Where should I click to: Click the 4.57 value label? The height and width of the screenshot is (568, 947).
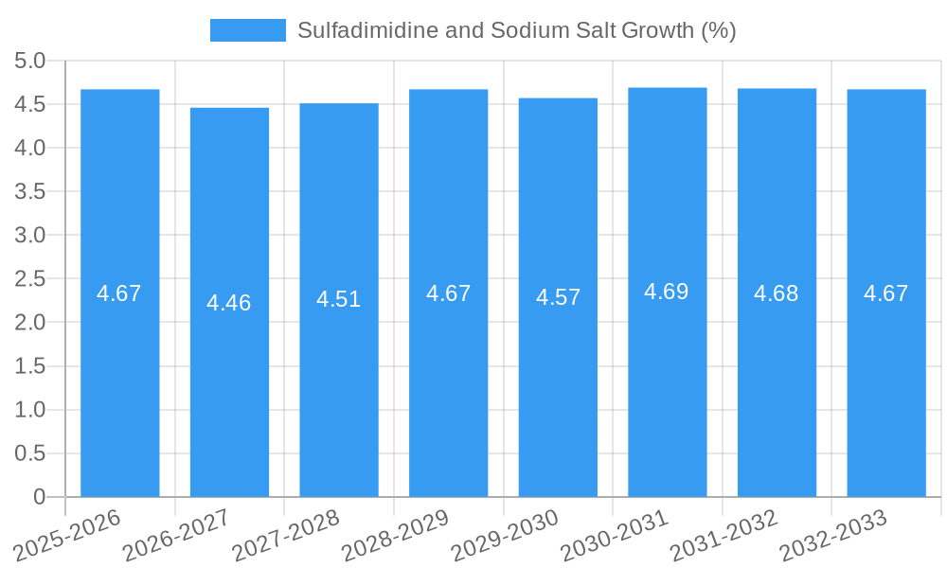(x=558, y=297)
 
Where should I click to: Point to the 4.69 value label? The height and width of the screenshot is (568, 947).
(x=667, y=292)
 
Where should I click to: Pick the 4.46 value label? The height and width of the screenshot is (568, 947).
(x=229, y=303)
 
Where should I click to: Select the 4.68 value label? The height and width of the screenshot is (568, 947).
(x=777, y=293)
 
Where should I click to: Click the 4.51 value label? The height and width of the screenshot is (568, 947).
(x=339, y=299)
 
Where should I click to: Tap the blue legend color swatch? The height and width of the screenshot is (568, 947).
(x=247, y=30)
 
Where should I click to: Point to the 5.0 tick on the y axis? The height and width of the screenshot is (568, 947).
(x=30, y=61)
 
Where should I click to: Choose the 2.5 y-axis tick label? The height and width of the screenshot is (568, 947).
(x=30, y=278)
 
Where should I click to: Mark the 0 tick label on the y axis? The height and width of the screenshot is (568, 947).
(x=39, y=497)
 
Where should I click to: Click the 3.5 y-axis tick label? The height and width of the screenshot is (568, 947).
(x=30, y=191)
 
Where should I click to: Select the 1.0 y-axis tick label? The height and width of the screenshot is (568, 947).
(x=30, y=410)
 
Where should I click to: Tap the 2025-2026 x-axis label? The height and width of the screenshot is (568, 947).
(x=68, y=534)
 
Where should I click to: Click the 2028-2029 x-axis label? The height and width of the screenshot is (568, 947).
(x=396, y=534)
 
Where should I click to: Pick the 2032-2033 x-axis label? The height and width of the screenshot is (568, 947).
(x=833, y=534)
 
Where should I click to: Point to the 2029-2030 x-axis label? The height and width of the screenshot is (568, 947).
(x=506, y=534)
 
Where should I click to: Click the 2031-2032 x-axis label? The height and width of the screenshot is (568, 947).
(x=724, y=534)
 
